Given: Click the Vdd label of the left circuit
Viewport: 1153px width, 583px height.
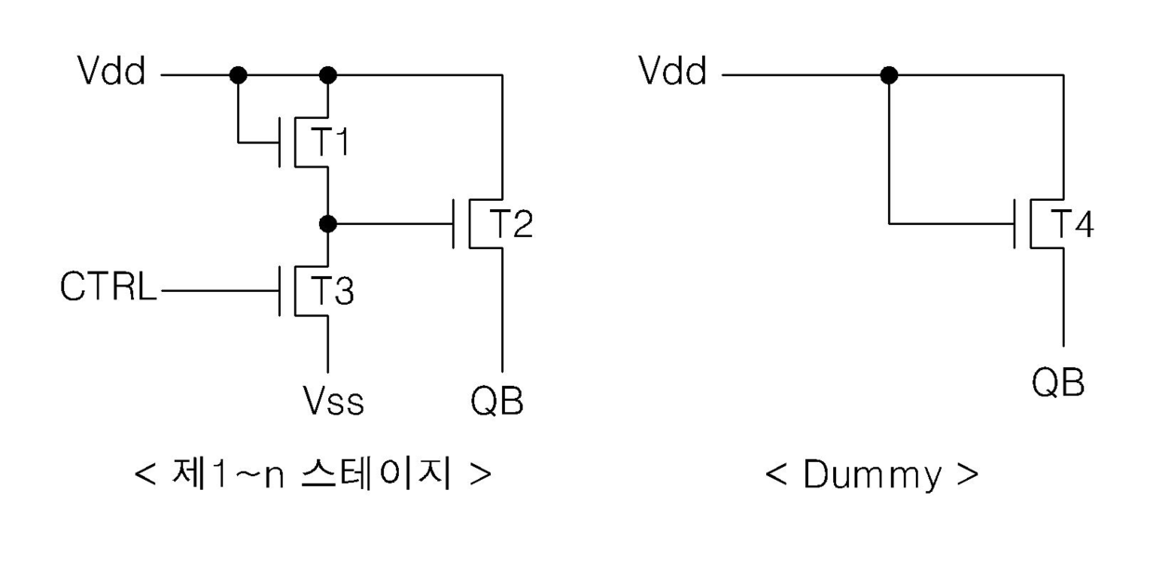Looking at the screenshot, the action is [112, 71].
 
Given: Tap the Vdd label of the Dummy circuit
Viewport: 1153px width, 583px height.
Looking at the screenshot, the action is [672, 71].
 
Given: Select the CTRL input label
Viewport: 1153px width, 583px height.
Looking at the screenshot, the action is [108, 286].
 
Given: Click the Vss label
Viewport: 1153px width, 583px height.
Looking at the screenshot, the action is [334, 401].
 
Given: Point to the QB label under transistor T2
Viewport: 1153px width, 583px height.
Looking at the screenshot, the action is [497, 401].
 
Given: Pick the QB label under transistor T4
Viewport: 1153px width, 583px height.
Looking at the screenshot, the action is [1058, 383].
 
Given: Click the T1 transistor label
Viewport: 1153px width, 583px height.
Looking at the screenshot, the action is [330, 141].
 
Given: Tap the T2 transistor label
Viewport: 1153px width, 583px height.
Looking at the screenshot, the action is [510, 224].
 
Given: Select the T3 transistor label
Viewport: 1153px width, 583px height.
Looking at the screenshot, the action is [333, 290].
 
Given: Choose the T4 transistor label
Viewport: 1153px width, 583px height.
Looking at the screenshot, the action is [1072, 224].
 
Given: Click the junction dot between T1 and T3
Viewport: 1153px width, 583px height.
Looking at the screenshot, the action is [328, 224].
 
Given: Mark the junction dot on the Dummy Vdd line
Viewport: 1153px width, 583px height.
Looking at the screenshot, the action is [889, 75].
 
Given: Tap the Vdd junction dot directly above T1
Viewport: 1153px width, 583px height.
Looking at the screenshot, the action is [328, 75].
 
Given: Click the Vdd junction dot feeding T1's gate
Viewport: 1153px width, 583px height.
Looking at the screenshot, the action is [238, 75].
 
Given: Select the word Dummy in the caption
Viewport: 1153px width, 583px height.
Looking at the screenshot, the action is [872, 474].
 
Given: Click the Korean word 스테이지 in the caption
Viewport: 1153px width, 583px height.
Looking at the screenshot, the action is [377, 473].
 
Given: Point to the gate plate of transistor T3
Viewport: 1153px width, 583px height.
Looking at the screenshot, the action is [280, 291].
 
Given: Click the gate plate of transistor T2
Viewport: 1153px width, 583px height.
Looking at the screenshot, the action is [454, 224].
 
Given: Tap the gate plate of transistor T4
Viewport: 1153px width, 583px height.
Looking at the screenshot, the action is [1014, 224].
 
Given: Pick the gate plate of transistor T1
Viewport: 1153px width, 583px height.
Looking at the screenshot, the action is [280, 142].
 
